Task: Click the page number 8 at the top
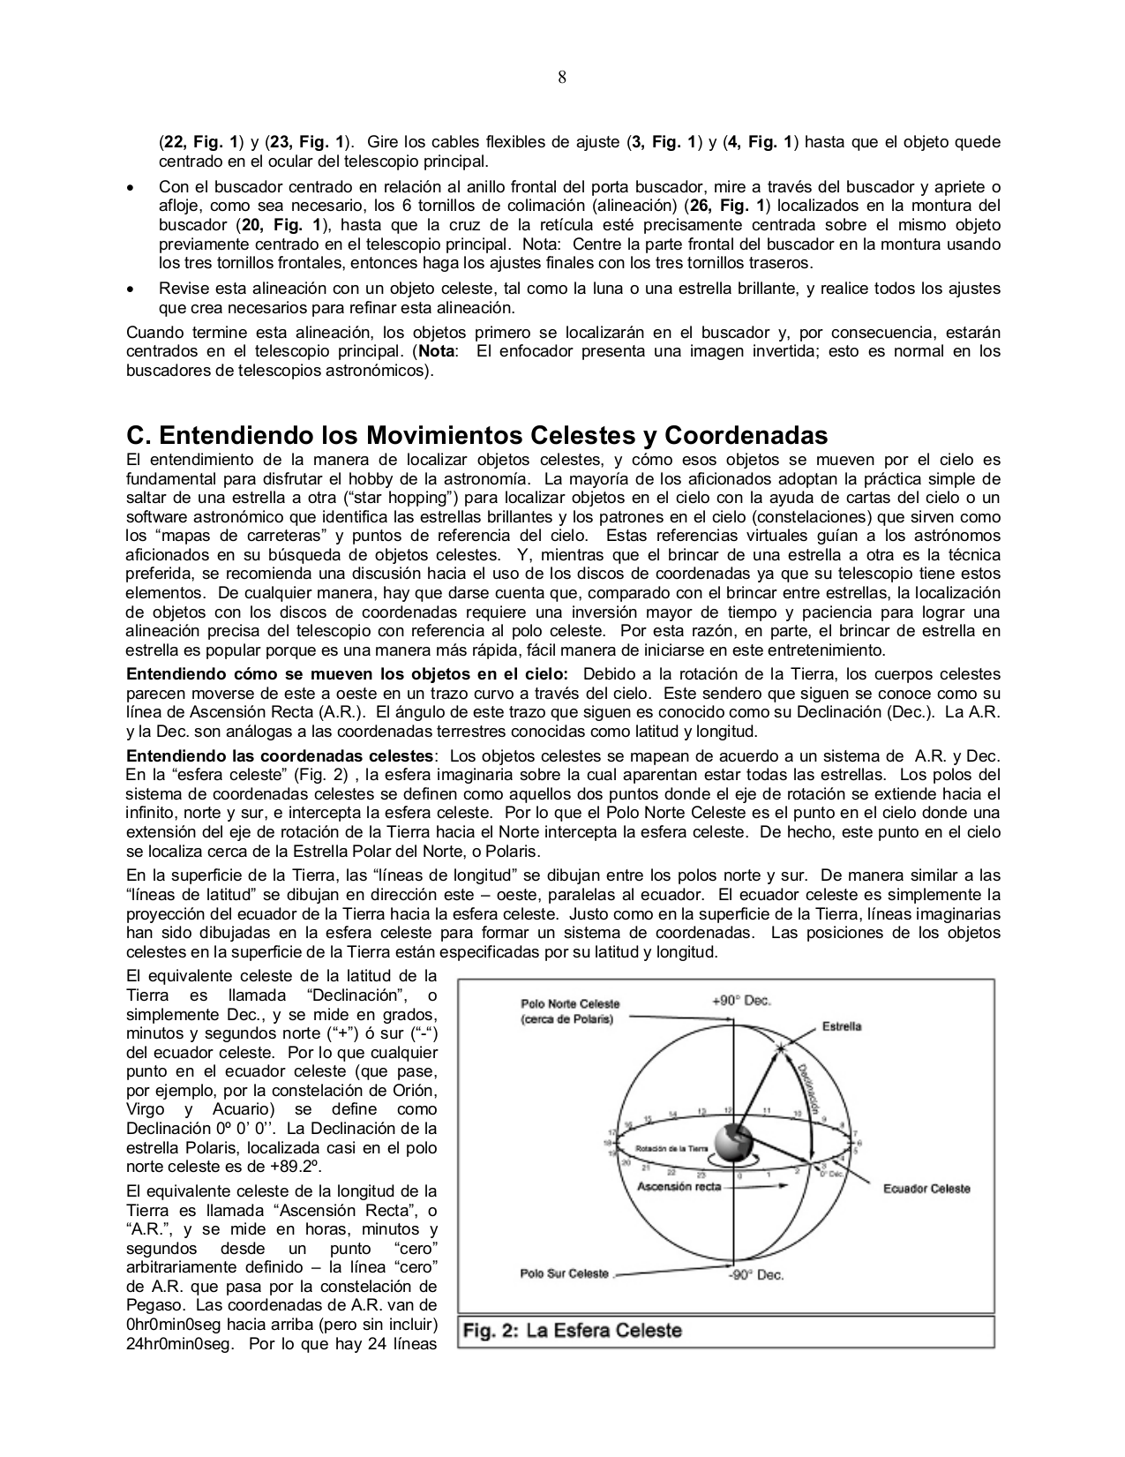[x=562, y=77]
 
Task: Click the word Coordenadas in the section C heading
[x=746, y=436]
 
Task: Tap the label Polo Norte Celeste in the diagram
[x=570, y=1003]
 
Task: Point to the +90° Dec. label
[x=742, y=1001]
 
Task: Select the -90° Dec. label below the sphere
[x=755, y=1274]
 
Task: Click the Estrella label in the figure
[x=842, y=1026]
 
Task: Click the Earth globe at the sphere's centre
[x=734, y=1145]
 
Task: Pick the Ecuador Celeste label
[x=926, y=1189]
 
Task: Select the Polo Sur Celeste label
[x=565, y=1273]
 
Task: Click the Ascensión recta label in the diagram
[x=679, y=1186]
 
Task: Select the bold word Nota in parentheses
[x=439, y=351]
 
